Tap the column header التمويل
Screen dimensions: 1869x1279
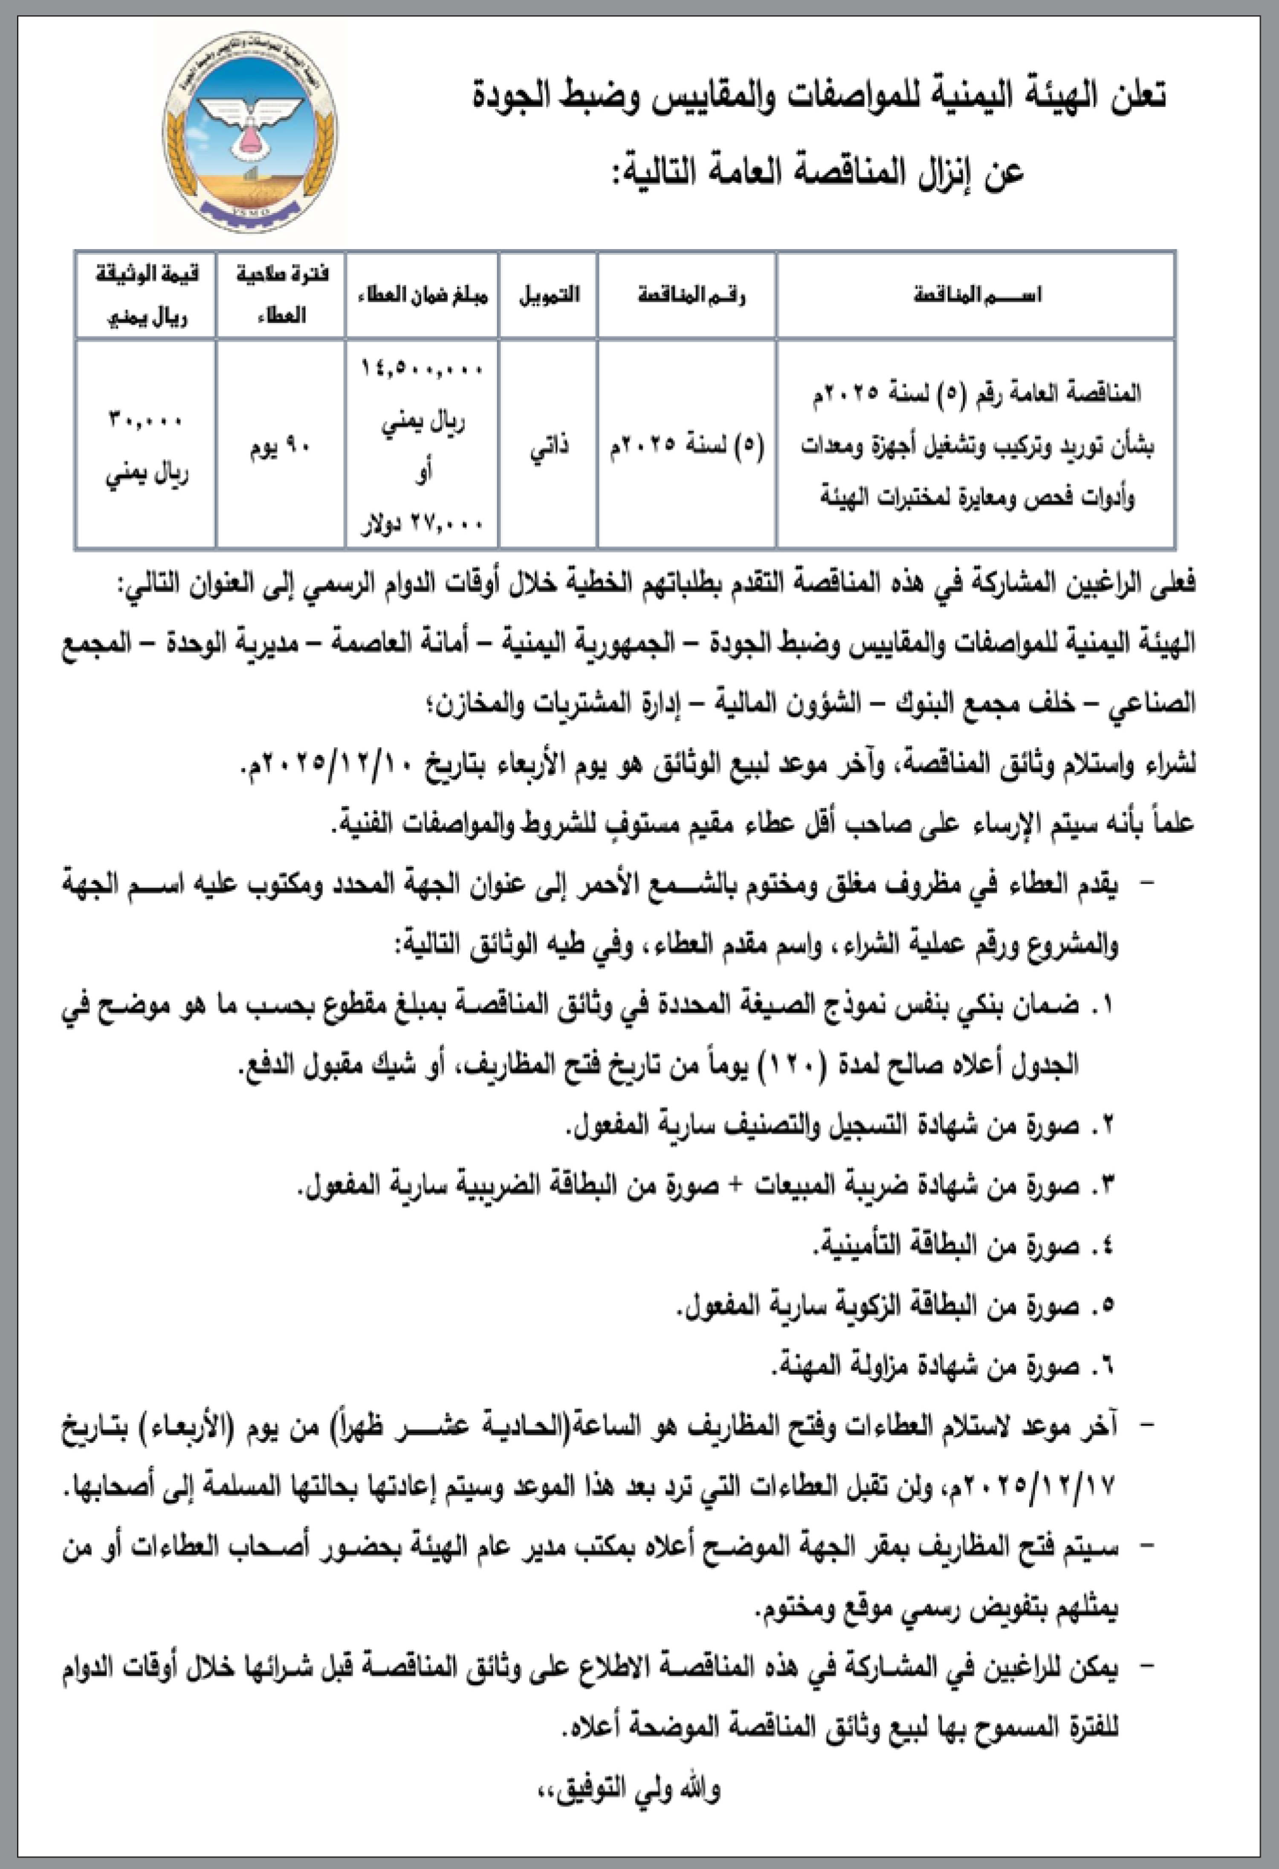coord(549,295)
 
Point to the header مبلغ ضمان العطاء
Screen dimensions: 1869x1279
coord(422,295)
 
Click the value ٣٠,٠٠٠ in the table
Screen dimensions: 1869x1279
coord(146,420)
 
